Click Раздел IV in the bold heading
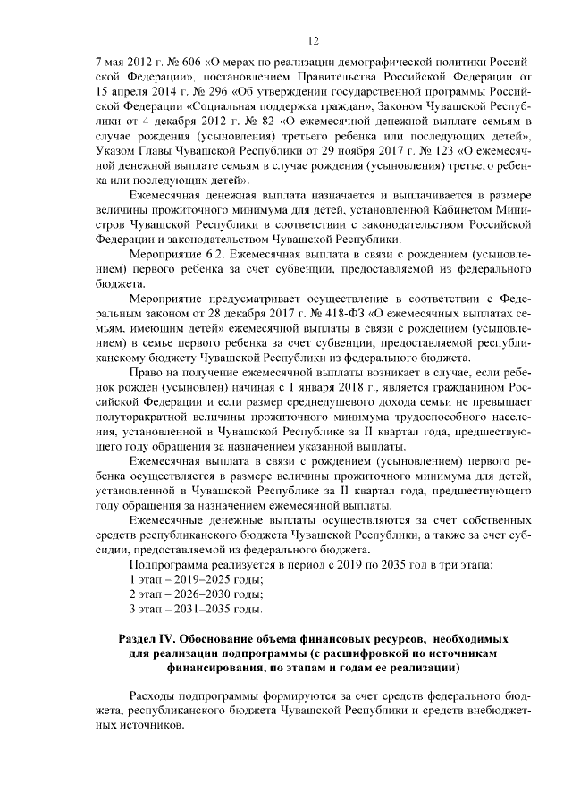click(x=147, y=640)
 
